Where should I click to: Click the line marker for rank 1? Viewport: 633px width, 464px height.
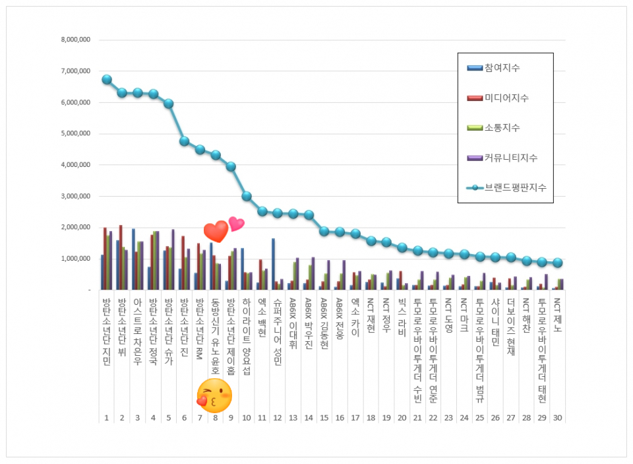pos(106,79)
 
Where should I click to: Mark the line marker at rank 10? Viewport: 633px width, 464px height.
pos(247,196)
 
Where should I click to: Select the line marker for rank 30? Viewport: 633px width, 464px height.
pos(558,263)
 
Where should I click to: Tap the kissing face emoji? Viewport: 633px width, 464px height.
pos(214,394)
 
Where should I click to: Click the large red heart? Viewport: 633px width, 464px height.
pos(216,232)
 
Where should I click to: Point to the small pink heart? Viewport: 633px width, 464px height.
pos(236,224)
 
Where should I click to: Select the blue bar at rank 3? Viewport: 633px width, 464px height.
pos(133,259)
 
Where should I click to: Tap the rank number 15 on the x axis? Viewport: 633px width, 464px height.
pos(324,418)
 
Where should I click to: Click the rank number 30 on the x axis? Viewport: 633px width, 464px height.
pos(558,418)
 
